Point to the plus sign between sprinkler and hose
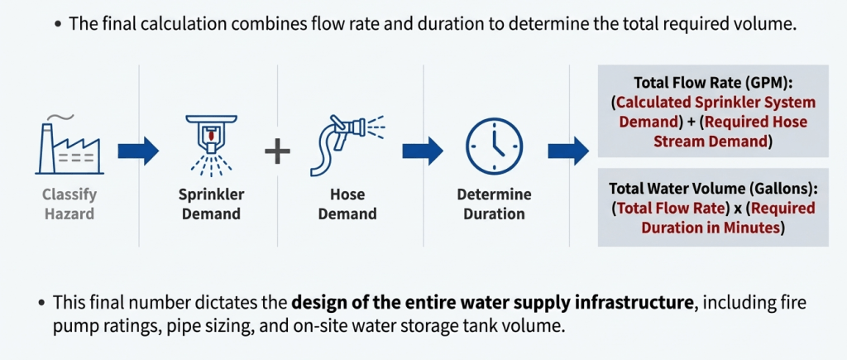pyautogui.click(x=278, y=151)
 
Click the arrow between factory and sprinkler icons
pyautogui.click(x=138, y=151)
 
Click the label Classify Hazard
pyautogui.click(x=69, y=204)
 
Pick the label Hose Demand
pyautogui.click(x=347, y=204)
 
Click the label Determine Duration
pyautogui.click(x=494, y=204)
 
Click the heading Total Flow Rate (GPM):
pyautogui.click(x=713, y=83)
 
